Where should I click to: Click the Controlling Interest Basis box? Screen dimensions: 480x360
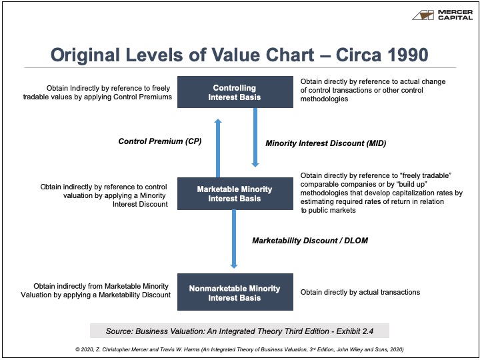pos(235,92)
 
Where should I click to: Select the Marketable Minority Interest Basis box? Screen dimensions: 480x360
pos(235,193)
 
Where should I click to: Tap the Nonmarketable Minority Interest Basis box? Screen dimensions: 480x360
pos(235,292)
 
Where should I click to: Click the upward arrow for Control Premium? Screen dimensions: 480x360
pos(218,148)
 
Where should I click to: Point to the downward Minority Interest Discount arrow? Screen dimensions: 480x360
pos(255,137)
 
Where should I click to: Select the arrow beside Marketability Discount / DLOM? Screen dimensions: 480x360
pos(234,239)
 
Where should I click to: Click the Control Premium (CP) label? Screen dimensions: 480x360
pos(160,141)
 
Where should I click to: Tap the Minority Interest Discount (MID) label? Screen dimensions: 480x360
pos(326,143)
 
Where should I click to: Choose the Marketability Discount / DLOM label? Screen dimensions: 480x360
pos(310,241)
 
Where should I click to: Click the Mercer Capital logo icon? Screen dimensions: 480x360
pos(423,15)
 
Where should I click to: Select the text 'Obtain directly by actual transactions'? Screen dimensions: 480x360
pos(360,292)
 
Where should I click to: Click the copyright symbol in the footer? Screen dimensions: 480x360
pos(77,349)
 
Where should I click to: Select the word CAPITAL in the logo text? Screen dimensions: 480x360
pos(455,17)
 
